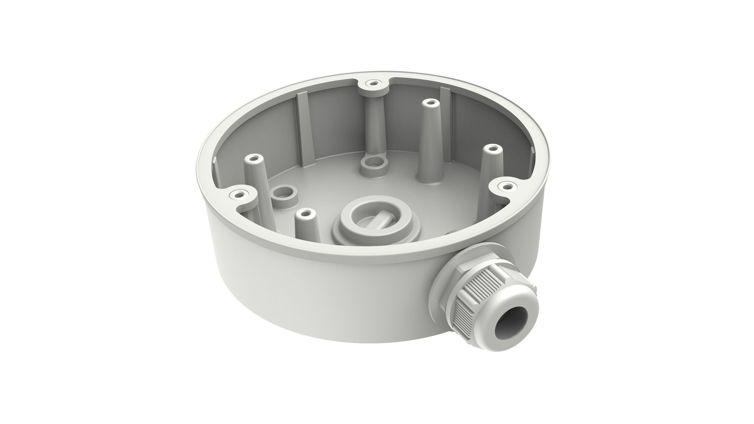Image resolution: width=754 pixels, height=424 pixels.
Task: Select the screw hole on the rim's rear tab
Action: (373, 83)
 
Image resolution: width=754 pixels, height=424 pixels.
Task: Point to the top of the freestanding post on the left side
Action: (253, 159)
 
